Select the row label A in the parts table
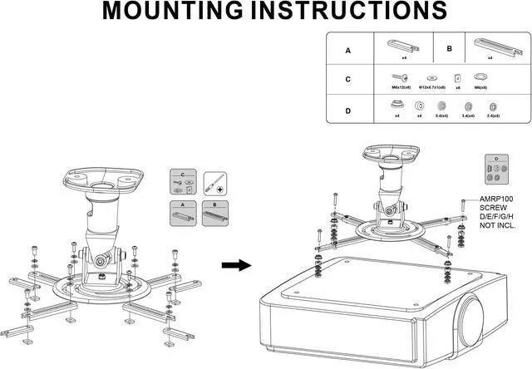tap(347, 50)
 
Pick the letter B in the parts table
tap(449, 49)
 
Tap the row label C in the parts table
tap(347, 80)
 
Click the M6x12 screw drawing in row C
tap(397, 76)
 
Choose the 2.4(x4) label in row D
tap(494, 116)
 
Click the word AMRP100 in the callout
tap(497, 199)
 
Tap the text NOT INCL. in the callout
tap(497, 225)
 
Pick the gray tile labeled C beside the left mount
tap(182, 183)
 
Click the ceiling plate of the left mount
tap(102, 177)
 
